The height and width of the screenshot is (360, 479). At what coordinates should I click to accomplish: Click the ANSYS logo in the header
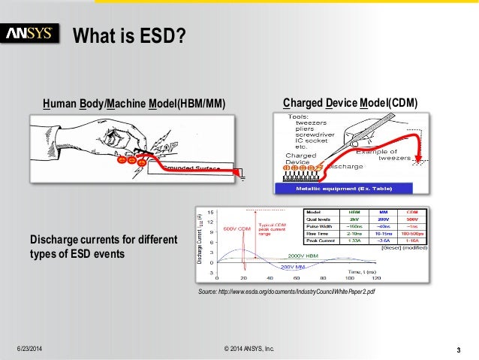[x=30, y=33]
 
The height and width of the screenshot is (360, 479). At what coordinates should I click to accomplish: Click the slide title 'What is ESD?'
[x=128, y=35]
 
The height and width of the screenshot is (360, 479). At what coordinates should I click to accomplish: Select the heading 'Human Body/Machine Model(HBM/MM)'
[x=134, y=103]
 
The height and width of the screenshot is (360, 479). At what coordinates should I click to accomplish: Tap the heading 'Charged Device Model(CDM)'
[x=350, y=103]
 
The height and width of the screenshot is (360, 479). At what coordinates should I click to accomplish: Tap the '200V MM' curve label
[x=296, y=266]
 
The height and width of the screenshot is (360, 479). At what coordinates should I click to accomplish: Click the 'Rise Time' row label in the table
[x=315, y=233]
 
